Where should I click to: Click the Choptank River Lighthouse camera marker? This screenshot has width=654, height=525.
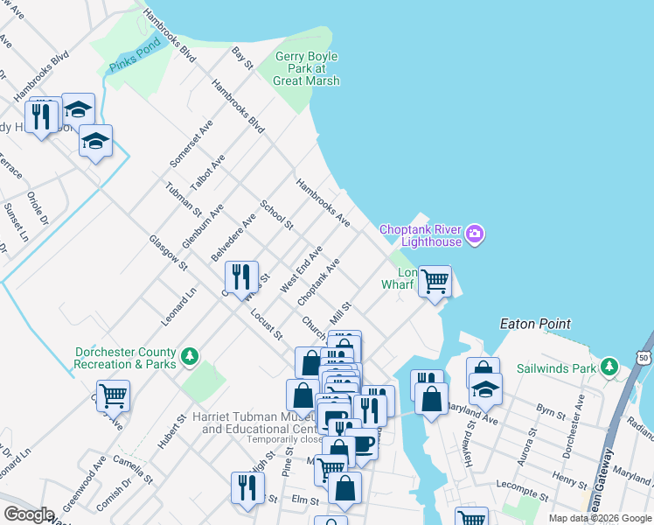coord(475,233)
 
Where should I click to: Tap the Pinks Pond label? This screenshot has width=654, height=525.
coord(135,55)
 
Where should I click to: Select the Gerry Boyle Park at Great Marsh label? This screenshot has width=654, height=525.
coord(306,68)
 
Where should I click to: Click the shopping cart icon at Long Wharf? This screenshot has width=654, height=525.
coord(435,281)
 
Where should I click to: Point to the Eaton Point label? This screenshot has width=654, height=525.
coord(535,324)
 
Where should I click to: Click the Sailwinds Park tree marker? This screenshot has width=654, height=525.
coord(609,367)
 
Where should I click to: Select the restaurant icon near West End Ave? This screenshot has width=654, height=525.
coord(240,276)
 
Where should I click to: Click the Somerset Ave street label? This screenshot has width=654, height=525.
coord(180,144)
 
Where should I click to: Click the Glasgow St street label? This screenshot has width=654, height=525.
coord(169,252)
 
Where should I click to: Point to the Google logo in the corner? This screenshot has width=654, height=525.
coord(29,514)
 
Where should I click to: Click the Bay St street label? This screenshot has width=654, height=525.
coord(242,59)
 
